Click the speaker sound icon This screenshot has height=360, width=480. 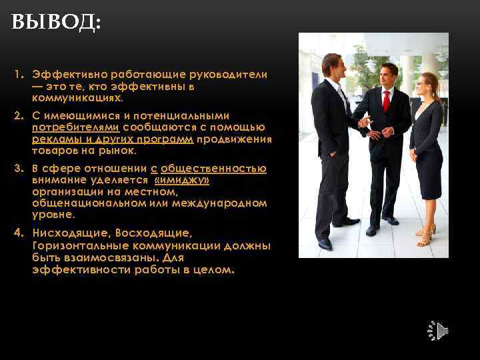point(437,331)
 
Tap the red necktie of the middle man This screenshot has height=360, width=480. point(386,101)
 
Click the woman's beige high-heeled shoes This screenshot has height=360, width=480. point(425,234)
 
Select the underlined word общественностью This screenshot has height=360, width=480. point(213,169)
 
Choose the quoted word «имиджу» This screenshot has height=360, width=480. point(181,181)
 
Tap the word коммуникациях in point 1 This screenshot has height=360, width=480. point(77,99)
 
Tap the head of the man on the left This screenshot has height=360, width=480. point(332,65)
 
